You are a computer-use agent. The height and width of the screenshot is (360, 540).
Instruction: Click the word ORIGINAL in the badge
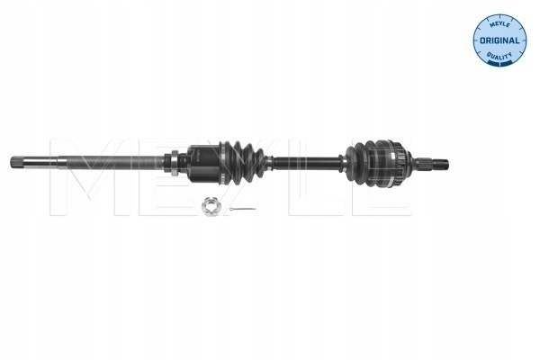(499, 40)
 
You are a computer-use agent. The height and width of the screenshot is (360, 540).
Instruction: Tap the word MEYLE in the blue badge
(499, 24)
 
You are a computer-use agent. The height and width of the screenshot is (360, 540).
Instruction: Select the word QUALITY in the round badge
(499, 55)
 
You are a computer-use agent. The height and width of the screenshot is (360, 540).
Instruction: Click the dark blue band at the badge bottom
(499, 62)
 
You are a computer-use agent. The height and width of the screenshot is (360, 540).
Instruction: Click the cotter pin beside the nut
(242, 209)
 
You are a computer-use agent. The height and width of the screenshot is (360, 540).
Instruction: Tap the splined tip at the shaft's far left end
(16, 162)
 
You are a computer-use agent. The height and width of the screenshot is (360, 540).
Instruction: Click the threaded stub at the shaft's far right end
(441, 164)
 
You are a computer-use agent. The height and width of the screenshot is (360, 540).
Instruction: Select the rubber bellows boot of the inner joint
(245, 160)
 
